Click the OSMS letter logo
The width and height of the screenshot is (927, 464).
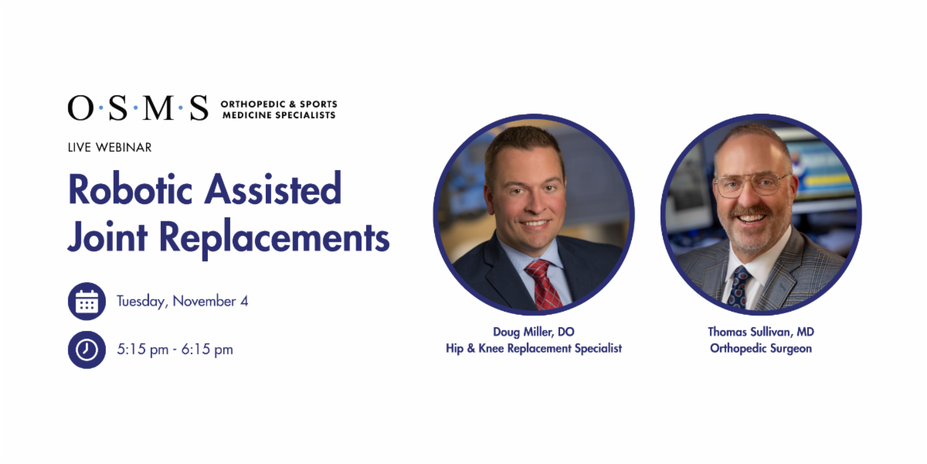(138, 107)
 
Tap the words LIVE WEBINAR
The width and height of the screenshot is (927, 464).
(110, 148)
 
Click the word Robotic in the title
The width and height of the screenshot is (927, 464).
(131, 189)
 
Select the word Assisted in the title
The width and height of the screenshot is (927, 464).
(273, 189)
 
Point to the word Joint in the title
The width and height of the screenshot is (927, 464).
(107, 237)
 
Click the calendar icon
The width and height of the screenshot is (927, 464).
(87, 301)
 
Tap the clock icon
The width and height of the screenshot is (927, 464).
(87, 350)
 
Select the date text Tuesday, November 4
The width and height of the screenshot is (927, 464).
(182, 302)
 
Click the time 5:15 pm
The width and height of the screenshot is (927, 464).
(143, 350)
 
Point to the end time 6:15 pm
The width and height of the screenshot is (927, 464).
(207, 350)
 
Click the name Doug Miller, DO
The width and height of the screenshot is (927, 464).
(534, 332)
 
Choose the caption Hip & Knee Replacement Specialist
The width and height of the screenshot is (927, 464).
(534, 349)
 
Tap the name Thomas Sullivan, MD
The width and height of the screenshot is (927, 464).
(761, 332)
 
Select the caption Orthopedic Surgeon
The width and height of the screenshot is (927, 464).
(761, 349)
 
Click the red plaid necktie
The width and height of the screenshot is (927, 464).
(544, 285)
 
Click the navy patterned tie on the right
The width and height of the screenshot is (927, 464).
(739, 288)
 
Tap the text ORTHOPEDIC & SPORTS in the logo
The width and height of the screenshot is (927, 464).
(279, 104)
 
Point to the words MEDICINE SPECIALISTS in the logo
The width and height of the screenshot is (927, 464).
(279, 115)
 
